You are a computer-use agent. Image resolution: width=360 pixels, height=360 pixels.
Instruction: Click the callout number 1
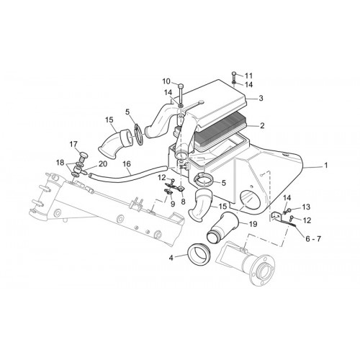click(325, 166)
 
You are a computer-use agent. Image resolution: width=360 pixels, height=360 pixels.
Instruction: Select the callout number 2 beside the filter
click(262, 125)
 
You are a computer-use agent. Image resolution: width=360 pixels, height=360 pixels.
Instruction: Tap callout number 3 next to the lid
click(261, 98)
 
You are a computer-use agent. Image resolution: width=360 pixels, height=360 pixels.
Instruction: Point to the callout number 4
click(171, 258)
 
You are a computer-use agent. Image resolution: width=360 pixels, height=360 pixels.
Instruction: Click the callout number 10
click(166, 81)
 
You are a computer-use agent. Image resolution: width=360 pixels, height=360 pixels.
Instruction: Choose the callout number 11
click(248, 76)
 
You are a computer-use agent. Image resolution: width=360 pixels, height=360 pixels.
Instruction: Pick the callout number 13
click(306, 207)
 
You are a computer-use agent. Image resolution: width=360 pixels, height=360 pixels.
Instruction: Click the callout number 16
click(127, 164)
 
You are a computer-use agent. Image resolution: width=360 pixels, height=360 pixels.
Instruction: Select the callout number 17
click(73, 144)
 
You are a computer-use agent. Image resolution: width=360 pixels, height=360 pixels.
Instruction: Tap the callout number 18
click(60, 163)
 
